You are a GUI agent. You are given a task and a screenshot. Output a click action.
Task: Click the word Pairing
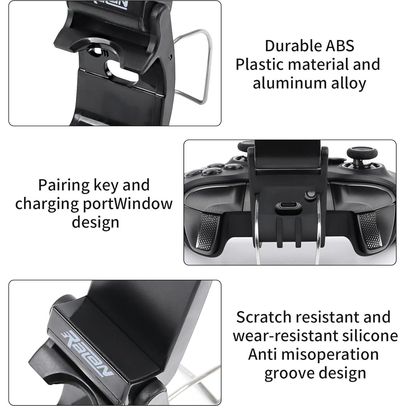point(64,186)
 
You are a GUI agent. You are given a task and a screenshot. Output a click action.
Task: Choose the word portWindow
point(127,204)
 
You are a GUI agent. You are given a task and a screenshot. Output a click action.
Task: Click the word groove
point(288,373)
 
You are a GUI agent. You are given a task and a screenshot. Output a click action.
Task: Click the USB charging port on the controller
point(288,207)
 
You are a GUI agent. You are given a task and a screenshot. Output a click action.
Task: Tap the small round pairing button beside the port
point(310,195)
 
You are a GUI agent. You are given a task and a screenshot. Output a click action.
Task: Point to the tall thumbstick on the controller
point(356,154)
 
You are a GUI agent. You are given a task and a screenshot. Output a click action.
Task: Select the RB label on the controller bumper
point(214,208)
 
